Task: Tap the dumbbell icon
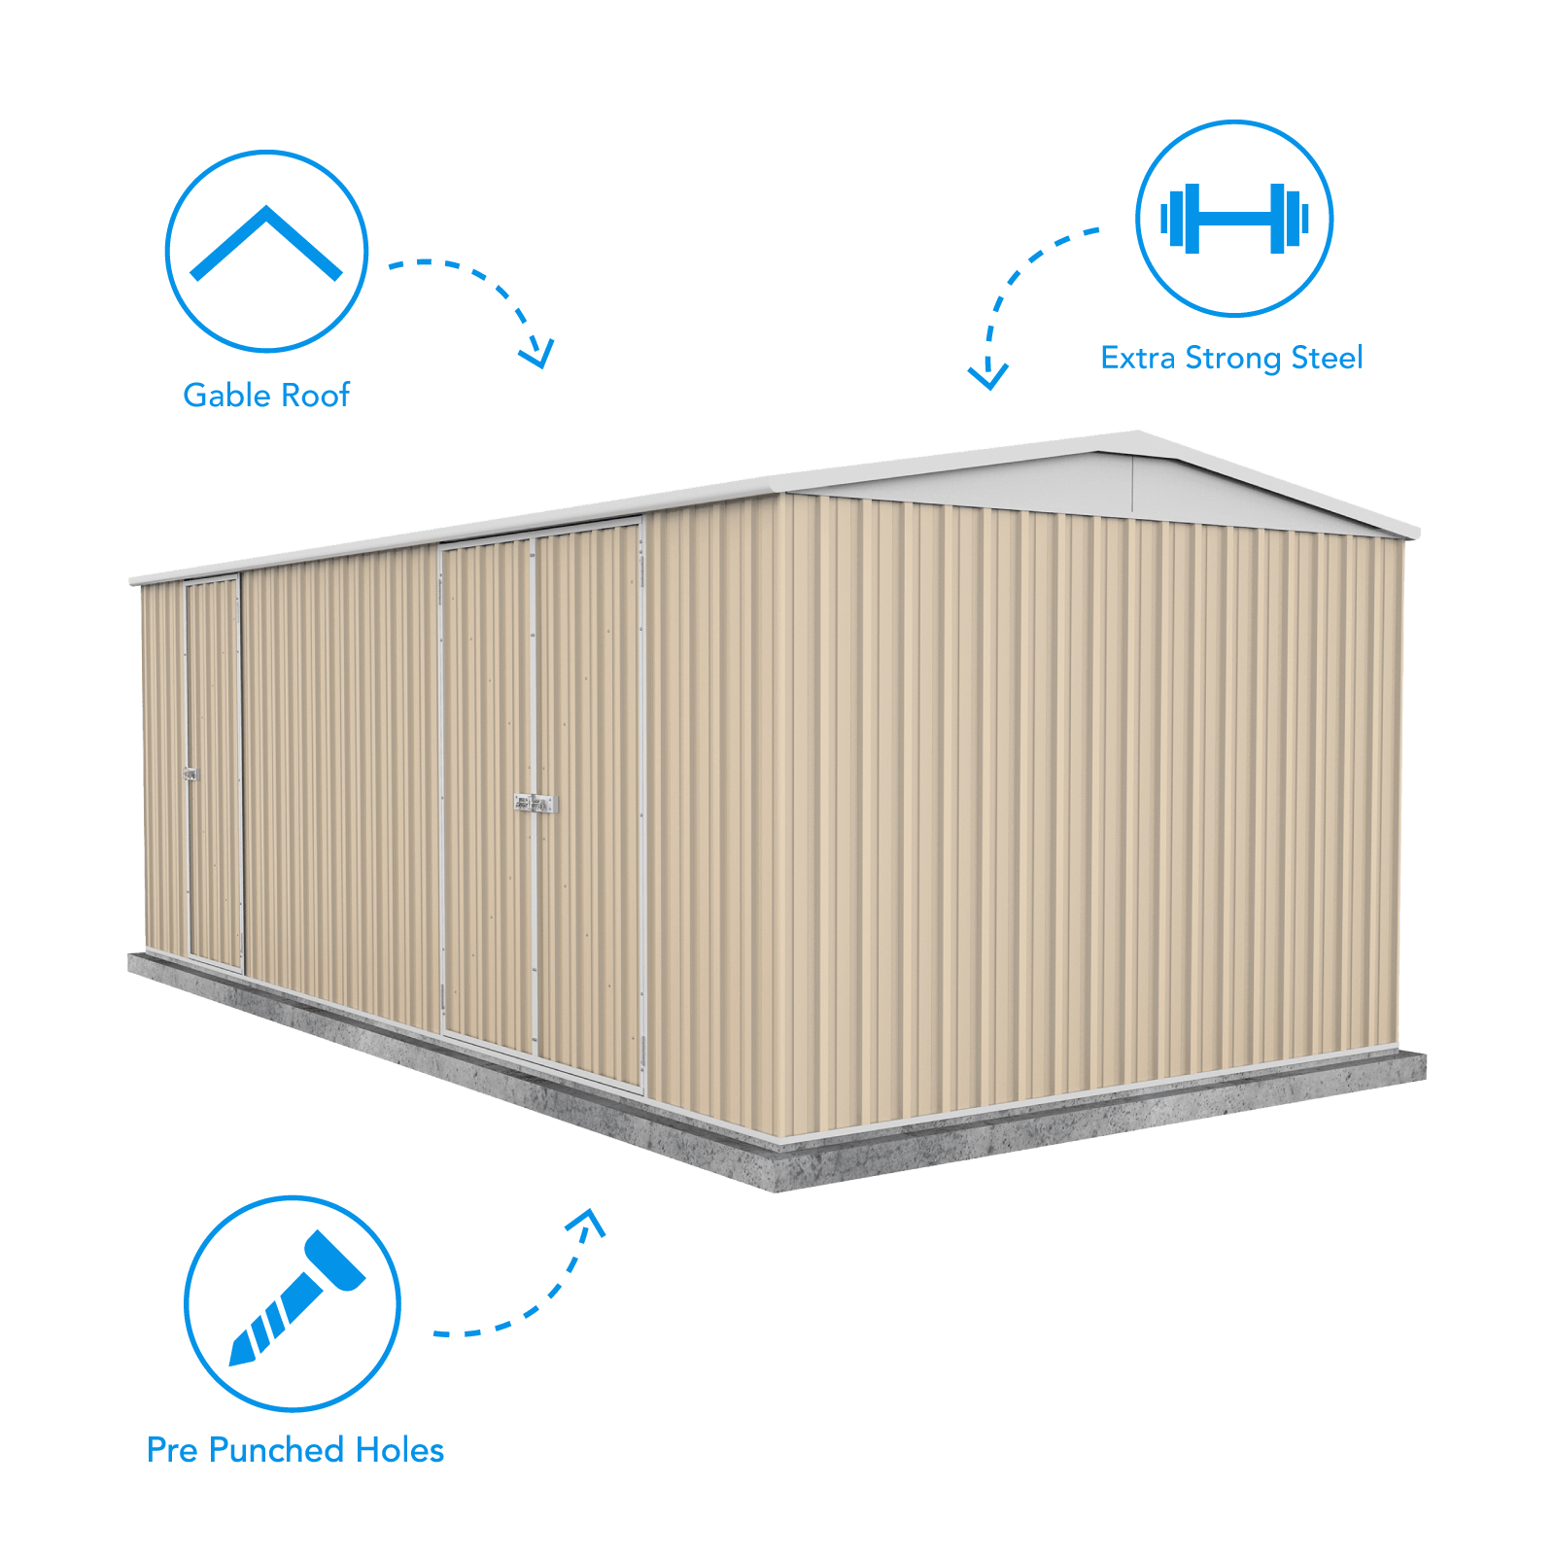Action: coord(1234,219)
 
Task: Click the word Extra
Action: coord(1138,358)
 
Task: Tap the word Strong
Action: coord(1233,359)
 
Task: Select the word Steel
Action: coord(1327,358)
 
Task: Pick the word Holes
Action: coord(400,1449)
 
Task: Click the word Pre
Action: coord(172,1449)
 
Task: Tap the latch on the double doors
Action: coord(536,804)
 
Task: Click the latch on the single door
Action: coord(190,775)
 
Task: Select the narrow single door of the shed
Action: coord(213,773)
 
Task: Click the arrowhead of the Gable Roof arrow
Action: coord(537,352)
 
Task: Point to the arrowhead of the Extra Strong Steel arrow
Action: coord(988,374)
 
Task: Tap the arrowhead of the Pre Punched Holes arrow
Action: coord(587,1221)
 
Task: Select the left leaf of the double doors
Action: coord(487,797)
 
